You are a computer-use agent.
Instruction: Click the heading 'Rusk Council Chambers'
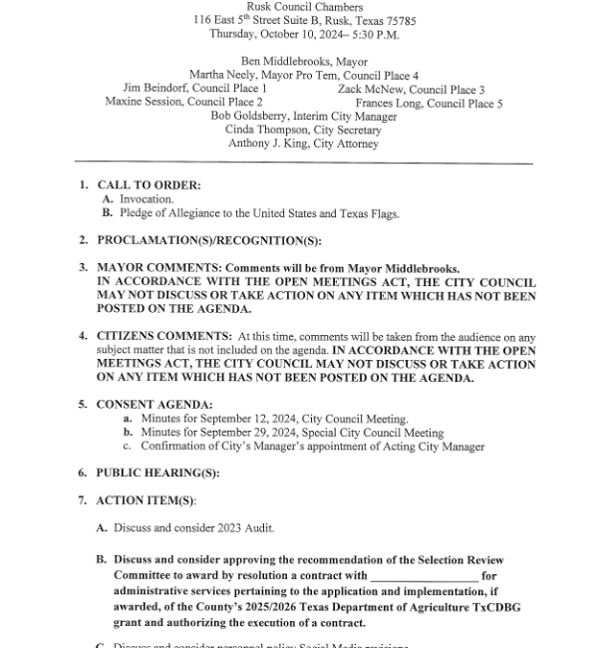304,7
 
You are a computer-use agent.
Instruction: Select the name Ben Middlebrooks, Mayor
304,62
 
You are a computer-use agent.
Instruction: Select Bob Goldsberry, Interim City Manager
304,117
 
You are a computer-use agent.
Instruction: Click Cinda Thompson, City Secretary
304,131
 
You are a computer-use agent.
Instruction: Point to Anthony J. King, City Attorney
304,145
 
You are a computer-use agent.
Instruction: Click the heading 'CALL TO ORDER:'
135,185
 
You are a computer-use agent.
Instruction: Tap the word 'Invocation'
147,199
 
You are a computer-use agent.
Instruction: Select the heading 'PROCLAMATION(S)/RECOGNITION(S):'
194,241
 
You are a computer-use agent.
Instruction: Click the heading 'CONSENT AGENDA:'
141,405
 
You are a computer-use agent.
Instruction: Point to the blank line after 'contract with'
424,576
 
